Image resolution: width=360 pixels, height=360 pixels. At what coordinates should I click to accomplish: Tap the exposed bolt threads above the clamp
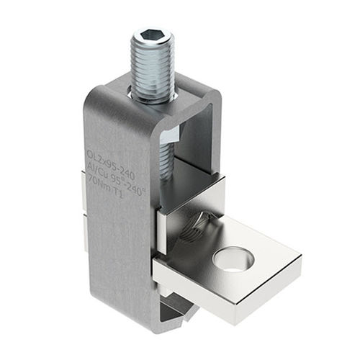pyautogui.click(x=153, y=68)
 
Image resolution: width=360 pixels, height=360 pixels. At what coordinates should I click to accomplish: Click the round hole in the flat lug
pyautogui.click(x=233, y=258)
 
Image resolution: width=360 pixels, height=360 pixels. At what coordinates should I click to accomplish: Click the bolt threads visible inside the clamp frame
pyautogui.click(x=165, y=162)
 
